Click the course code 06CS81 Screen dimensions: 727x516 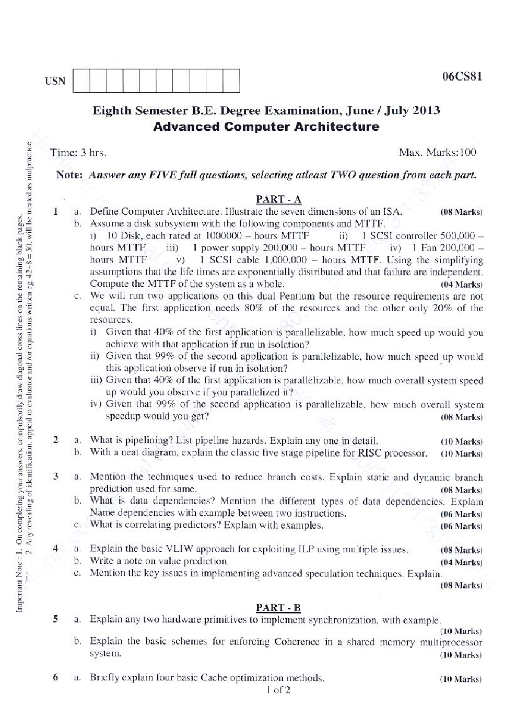461,76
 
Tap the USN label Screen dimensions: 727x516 55,81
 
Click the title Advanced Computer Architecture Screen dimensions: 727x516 266,127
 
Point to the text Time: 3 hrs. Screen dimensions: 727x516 78,153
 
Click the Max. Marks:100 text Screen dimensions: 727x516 437,152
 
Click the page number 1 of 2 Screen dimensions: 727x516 278,690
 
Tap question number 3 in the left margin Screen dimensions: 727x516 55,476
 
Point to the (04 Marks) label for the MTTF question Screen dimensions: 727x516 461,285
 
